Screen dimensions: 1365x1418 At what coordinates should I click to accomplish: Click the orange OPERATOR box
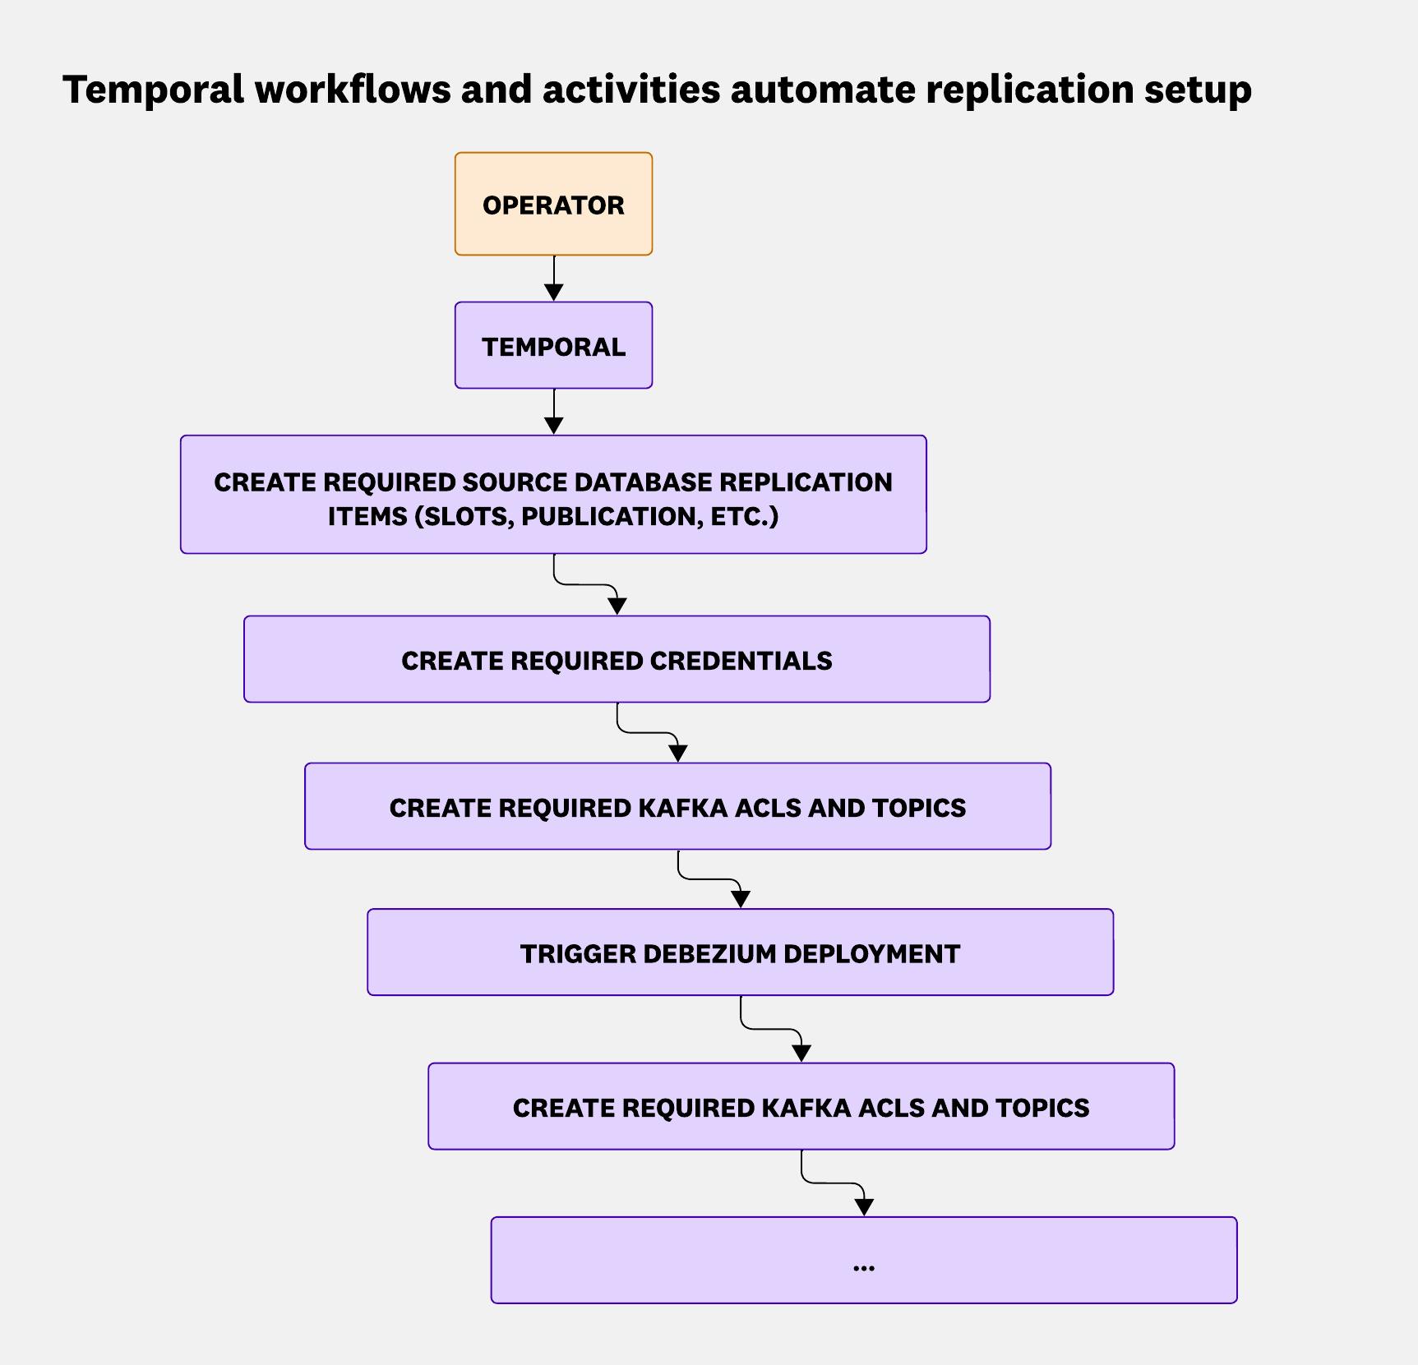coord(553,204)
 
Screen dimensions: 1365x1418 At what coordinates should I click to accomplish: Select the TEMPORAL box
coord(553,346)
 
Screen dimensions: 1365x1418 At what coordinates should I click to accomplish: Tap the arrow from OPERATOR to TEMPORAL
coord(554,279)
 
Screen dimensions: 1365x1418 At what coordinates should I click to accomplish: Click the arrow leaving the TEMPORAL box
coord(554,412)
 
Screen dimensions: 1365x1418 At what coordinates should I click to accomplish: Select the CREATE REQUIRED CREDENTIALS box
coord(617,660)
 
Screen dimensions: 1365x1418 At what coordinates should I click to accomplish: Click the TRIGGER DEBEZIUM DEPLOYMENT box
coord(740,952)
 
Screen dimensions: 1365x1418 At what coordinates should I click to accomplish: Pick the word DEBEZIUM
coord(710,953)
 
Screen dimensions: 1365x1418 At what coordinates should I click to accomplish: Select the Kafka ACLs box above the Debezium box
coord(677,807)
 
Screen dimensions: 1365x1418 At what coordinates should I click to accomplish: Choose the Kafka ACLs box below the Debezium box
coord(801,1107)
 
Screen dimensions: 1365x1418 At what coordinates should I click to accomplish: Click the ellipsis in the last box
coord(863,1266)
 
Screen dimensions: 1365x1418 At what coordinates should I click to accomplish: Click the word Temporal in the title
coord(153,89)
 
